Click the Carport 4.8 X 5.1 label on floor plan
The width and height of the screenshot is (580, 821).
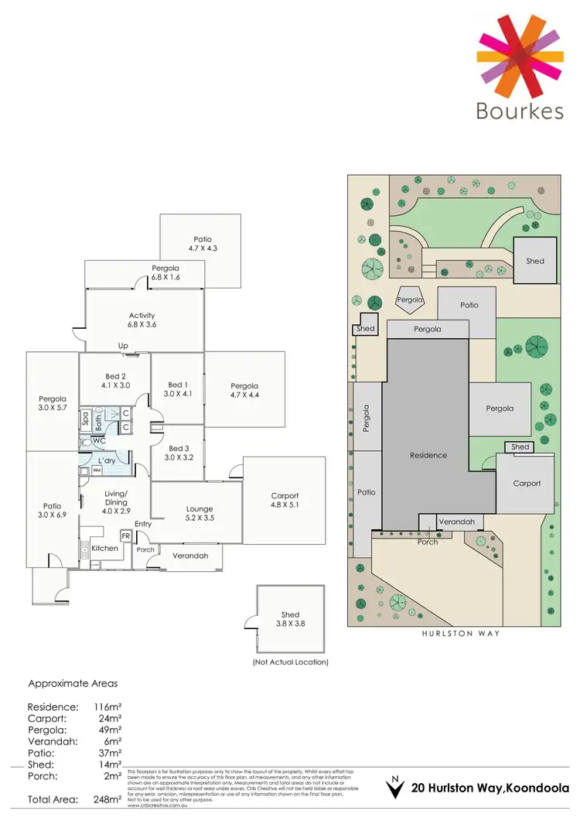285,501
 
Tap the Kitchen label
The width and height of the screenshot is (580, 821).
105,548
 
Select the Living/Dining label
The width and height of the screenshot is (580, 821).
115,498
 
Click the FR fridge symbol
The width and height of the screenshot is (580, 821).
125,535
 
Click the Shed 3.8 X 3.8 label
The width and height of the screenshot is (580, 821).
290,620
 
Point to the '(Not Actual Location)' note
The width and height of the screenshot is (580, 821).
290,662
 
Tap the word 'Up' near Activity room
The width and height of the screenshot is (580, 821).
122,346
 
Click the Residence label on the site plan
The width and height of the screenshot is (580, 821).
428,455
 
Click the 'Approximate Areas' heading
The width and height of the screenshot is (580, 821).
73,684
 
